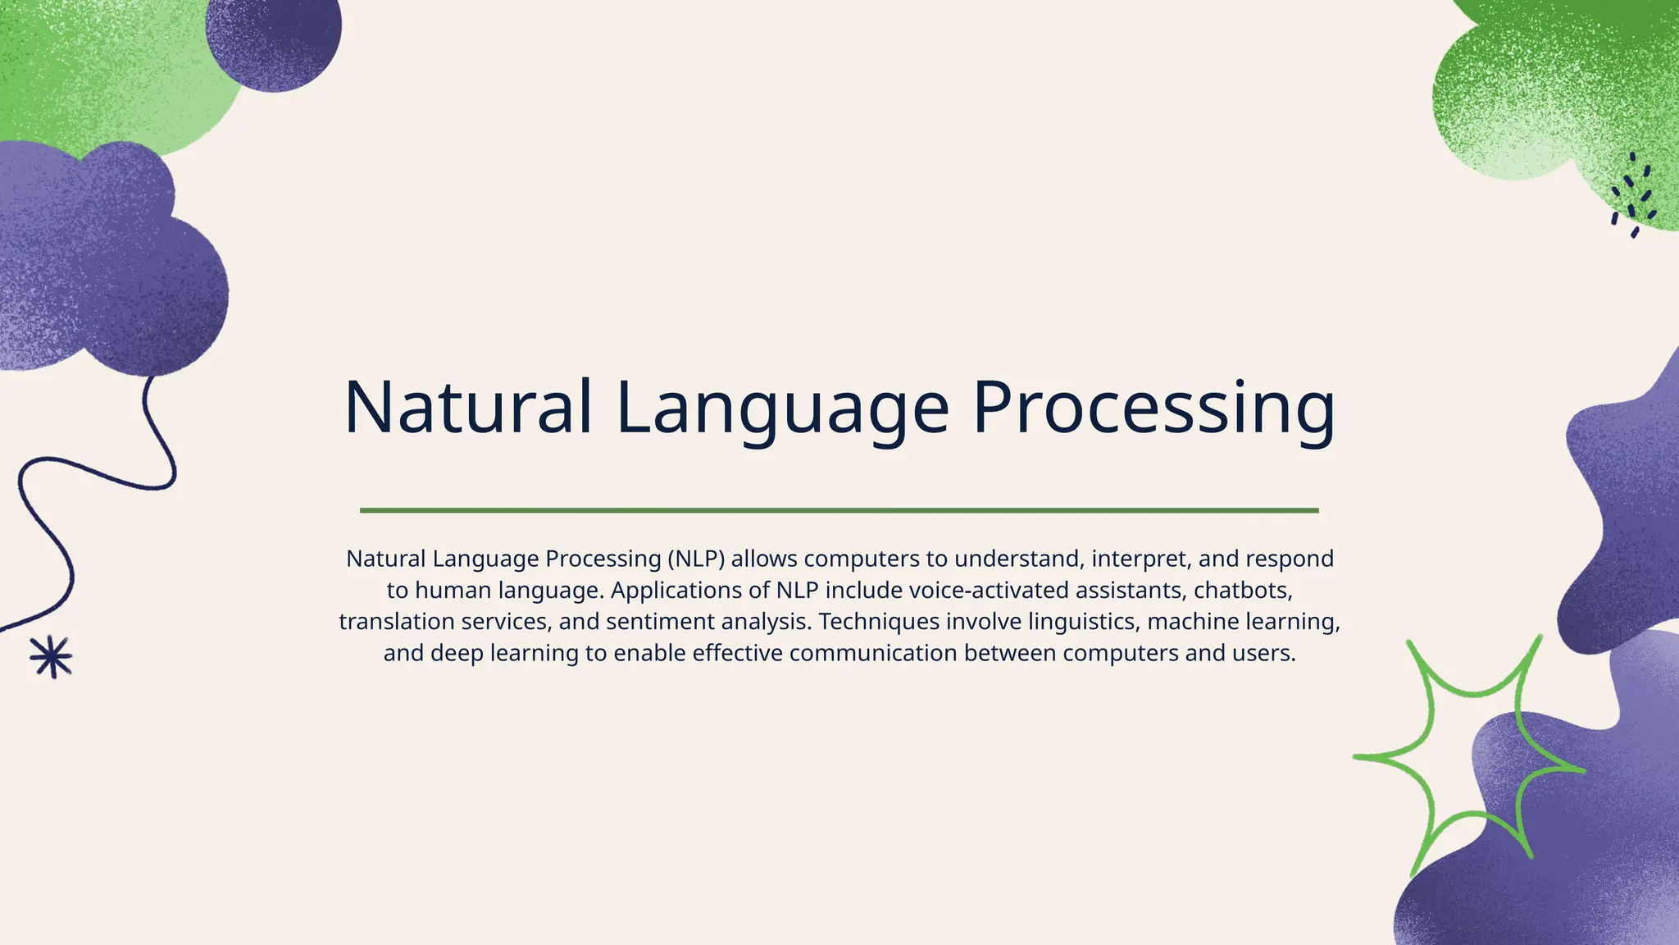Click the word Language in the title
point(782,408)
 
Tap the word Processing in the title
point(1153,408)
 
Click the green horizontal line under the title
point(839,510)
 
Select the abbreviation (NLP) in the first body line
point(696,559)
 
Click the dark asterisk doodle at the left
point(51,657)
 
